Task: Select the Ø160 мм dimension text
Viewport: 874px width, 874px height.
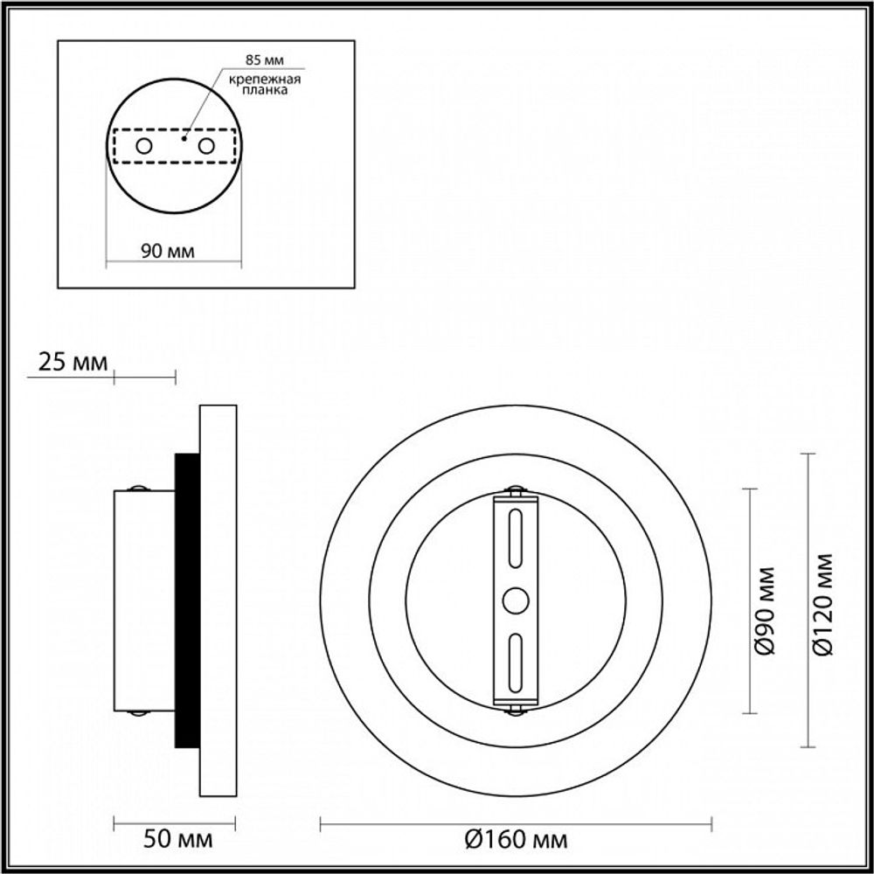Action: pyautogui.click(x=516, y=840)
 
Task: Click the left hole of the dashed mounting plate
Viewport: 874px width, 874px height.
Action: pyautogui.click(x=144, y=145)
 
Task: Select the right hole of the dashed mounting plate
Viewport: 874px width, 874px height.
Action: pyautogui.click(x=206, y=145)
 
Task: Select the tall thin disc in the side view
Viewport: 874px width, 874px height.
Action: pyautogui.click(x=218, y=600)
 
